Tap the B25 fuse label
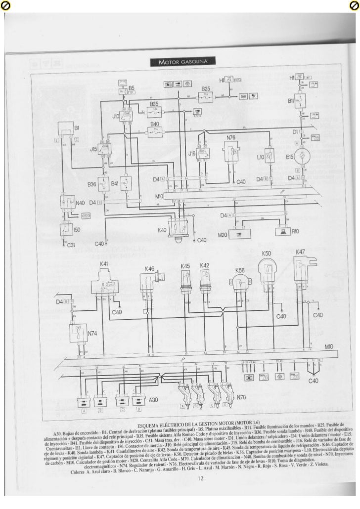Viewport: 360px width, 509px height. tap(206, 88)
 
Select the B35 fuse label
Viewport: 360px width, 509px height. tap(154, 105)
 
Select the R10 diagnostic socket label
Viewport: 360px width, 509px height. tap(296, 231)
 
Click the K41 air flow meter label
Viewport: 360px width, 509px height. tap(104, 264)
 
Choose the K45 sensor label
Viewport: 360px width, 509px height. tap(185, 266)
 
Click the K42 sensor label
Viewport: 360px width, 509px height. tap(204, 266)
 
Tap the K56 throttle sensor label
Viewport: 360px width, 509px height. tap(240, 271)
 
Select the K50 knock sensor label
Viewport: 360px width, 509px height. tap(266, 254)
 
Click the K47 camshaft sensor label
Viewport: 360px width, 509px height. tap(300, 252)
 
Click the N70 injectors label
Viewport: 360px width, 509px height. tap(242, 397)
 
